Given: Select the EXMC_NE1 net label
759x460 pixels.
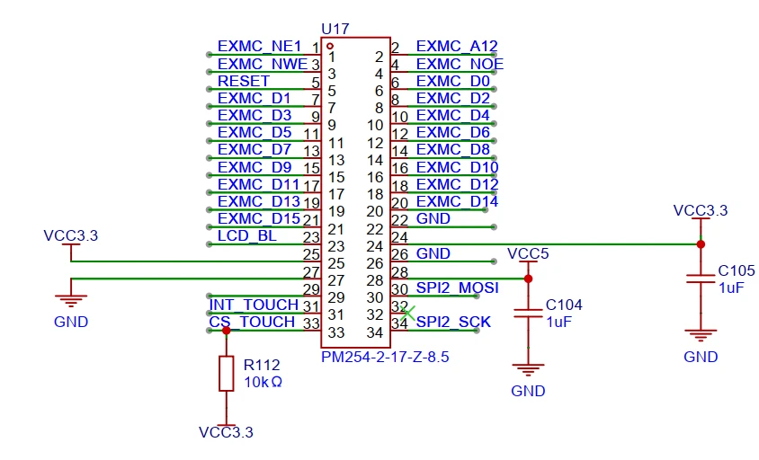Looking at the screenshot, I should point(259,47).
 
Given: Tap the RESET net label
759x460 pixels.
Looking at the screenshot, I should point(243,81).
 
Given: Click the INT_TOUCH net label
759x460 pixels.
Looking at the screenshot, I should point(253,305).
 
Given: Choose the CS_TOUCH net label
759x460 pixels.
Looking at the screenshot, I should point(252,322).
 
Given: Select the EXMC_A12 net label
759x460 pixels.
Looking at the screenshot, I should point(457,47).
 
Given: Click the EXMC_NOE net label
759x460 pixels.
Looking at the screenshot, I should point(460,64).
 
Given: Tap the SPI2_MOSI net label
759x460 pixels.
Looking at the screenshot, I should point(457,287).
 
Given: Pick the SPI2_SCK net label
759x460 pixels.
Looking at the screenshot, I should point(452,322).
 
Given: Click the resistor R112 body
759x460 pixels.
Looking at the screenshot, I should point(227,373).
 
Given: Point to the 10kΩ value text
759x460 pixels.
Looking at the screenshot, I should point(263,382).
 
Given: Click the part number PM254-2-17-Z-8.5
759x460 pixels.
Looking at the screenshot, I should point(384,357).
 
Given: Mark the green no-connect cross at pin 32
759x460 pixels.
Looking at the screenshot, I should point(407,314).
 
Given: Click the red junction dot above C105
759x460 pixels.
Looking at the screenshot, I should point(700,243).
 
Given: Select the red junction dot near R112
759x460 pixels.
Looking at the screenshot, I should point(227,331).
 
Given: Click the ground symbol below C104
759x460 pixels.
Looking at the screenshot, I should point(528,370).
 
